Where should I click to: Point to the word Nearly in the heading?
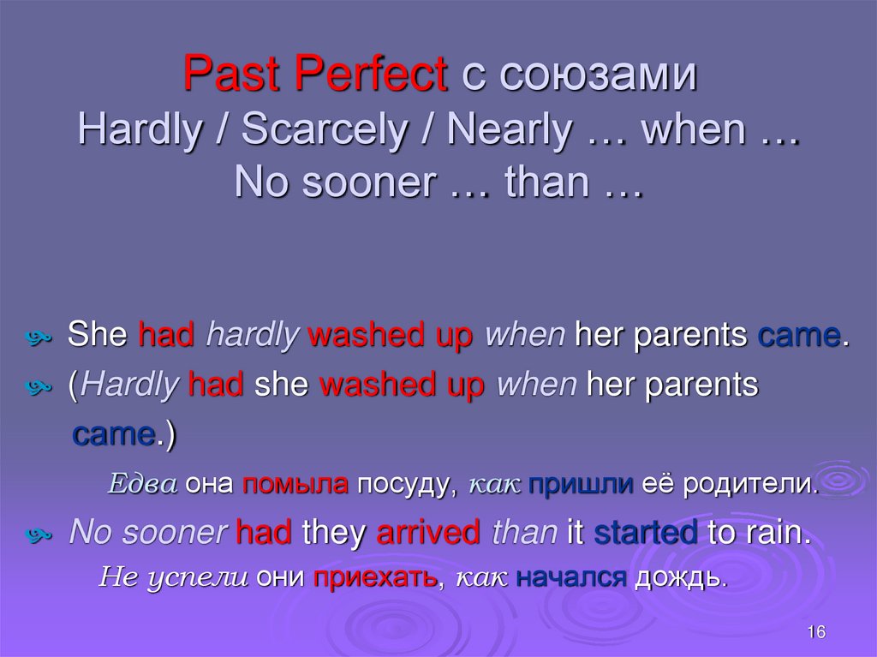510,130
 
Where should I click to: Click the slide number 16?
815,632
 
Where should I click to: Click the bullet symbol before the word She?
51,337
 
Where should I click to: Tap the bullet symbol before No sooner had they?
51,535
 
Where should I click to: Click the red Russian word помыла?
295,485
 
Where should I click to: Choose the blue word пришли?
580,485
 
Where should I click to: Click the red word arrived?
428,533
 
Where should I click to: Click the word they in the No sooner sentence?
335,533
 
